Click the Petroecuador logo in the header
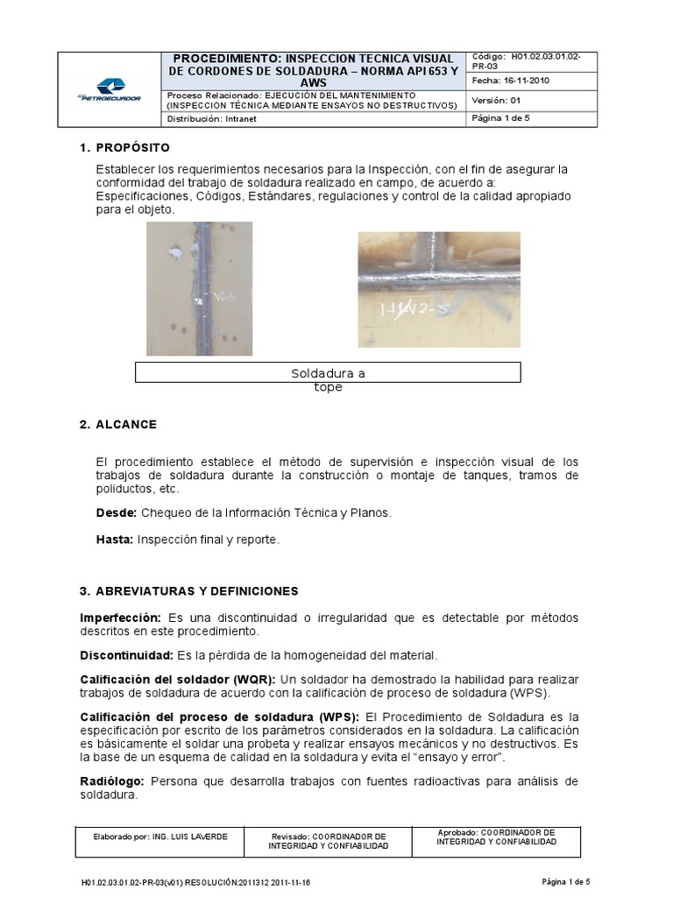point(110,89)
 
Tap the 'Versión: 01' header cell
point(497,100)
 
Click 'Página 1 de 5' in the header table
point(502,118)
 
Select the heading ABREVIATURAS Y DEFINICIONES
point(201,591)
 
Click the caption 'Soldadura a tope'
point(328,380)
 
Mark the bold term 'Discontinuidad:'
point(127,655)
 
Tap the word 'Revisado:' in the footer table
point(289,837)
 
